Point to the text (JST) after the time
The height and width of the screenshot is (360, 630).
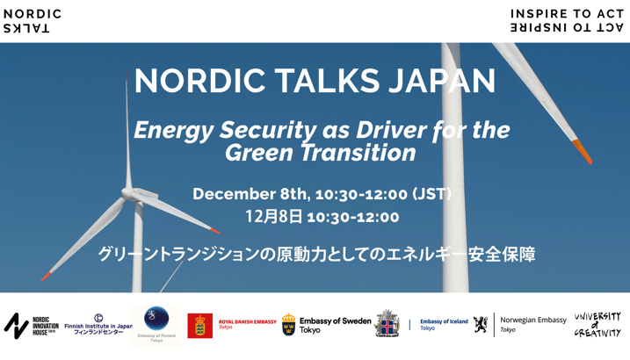pyautogui.click(x=431, y=194)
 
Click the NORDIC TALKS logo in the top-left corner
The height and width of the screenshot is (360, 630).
pyautogui.click(x=33, y=20)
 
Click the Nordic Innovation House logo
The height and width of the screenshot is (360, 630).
pyautogui.click(x=31, y=326)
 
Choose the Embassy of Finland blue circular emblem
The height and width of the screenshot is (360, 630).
pyautogui.click(x=156, y=318)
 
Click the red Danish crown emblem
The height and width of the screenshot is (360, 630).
pyautogui.click(x=199, y=326)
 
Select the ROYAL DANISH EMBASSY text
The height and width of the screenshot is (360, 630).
pyautogui.click(x=247, y=322)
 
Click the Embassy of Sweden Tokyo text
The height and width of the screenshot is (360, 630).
pyautogui.click(x=335, y=325)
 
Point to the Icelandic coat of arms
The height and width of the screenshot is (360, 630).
pyautogui.click(x=387, y=324)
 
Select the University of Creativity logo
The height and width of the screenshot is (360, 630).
pyautogui.click(x=597, y=325)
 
